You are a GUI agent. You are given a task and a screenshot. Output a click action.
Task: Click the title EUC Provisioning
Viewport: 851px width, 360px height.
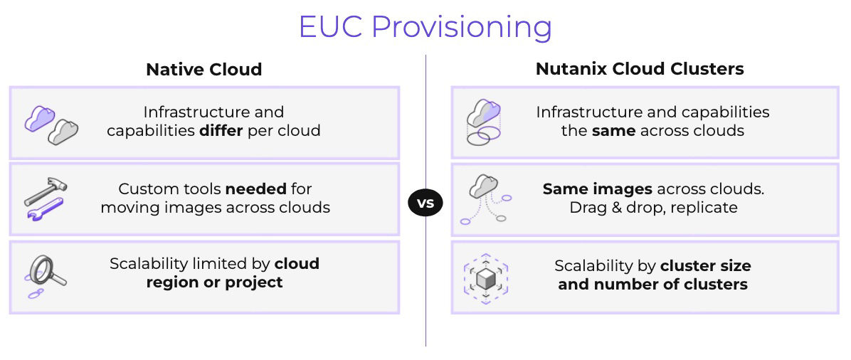pyautogui.click(x=425, y=27)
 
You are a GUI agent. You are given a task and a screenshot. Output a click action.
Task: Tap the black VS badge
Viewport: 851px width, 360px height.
pyautogui.click(x=425, y=203)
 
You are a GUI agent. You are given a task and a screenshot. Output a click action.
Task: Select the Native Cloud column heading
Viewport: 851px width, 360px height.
pyautogui.click(x=204, y=70)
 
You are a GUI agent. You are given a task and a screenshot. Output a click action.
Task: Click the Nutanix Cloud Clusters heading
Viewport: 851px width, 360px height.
pyautogui.click(x=640, y=69)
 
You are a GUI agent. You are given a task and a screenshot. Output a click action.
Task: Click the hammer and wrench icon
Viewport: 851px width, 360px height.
pyautogui.click(x=46, y=199)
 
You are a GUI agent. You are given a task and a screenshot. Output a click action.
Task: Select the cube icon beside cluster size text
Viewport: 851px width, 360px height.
pyautogui.click(x=486, y=277)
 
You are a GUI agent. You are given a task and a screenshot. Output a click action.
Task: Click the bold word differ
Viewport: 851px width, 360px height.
pyautogui.click(x=221, y=131)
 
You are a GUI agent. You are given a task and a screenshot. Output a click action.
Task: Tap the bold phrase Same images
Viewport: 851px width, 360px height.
pyautogui.click(x=597, y=189)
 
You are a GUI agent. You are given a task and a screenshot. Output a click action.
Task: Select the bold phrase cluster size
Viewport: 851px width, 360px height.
pyautogui.click(x=705, y=266)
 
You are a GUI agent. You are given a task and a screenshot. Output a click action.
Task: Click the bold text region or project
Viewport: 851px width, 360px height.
pyautogui.click(x=214, y=282)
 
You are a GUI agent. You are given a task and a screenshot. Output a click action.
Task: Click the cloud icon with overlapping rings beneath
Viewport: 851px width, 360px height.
pyautogui.click(x=484, y=122)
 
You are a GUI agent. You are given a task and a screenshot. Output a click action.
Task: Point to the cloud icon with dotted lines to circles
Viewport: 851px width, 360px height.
pyautogui.click(x=485, y=200)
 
